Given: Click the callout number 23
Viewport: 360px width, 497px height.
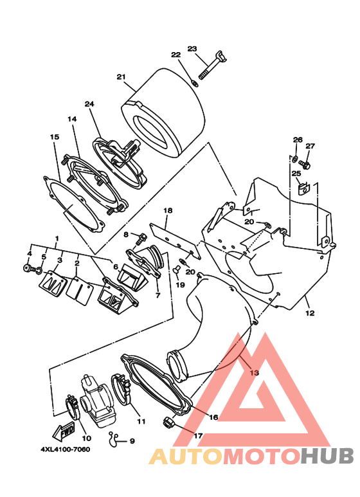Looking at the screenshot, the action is tap(192, 49).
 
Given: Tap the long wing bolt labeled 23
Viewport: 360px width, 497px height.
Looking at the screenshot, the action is tap(213, 65).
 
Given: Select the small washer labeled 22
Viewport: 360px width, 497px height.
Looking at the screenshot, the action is tap(195, 84).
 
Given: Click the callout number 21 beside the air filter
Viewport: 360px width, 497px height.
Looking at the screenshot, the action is tap(121, 77).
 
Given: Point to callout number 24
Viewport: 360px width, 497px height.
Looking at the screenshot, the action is tap(89, 104).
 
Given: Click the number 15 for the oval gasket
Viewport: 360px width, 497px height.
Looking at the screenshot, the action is tap(55, 137).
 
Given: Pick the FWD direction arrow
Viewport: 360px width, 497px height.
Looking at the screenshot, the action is tap(64, 431).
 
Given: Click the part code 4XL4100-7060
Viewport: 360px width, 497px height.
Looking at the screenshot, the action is tap(66, 449).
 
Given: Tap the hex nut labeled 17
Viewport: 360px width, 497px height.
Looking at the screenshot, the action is tap(168, 422).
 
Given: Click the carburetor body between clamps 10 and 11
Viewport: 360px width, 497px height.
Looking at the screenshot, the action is tap(96, 401).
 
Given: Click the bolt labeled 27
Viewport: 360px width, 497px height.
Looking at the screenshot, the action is tap(305, 165).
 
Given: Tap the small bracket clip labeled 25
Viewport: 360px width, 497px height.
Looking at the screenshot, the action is tap(303, 188).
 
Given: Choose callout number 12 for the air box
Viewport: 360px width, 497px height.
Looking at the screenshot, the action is tap(310, 313).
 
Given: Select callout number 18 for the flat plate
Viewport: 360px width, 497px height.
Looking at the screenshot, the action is tap(168, 210).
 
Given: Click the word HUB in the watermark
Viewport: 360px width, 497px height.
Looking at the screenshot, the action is tap(327, 456).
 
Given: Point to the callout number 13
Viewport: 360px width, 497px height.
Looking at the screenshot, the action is tap(254, 372).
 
